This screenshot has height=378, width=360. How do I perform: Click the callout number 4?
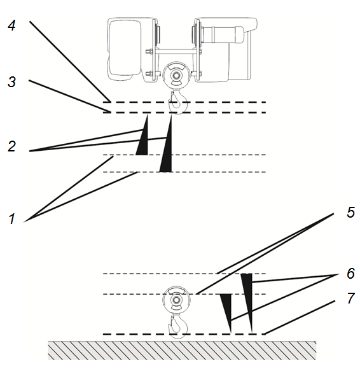coord(11,25)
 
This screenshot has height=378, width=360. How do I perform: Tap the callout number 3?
coord(11,81)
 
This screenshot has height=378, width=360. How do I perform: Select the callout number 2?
coord(11,146)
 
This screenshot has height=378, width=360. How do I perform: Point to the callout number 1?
coord(11,219)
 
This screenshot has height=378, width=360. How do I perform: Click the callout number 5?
coord(350,213)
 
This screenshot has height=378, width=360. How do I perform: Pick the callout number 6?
coord(350,274)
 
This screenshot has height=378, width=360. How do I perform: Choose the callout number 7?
coord(351,298)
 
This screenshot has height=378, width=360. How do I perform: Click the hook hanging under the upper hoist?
coord(178,102)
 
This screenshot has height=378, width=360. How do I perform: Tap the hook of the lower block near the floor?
coord(178,326)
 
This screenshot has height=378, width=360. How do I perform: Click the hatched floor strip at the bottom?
coord(182,351)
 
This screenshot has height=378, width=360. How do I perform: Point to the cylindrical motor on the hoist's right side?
coord(222,35)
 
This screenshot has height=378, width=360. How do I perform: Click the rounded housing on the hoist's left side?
coord(125,48)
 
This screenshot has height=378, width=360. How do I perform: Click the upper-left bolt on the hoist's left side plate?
coord(148,51)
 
